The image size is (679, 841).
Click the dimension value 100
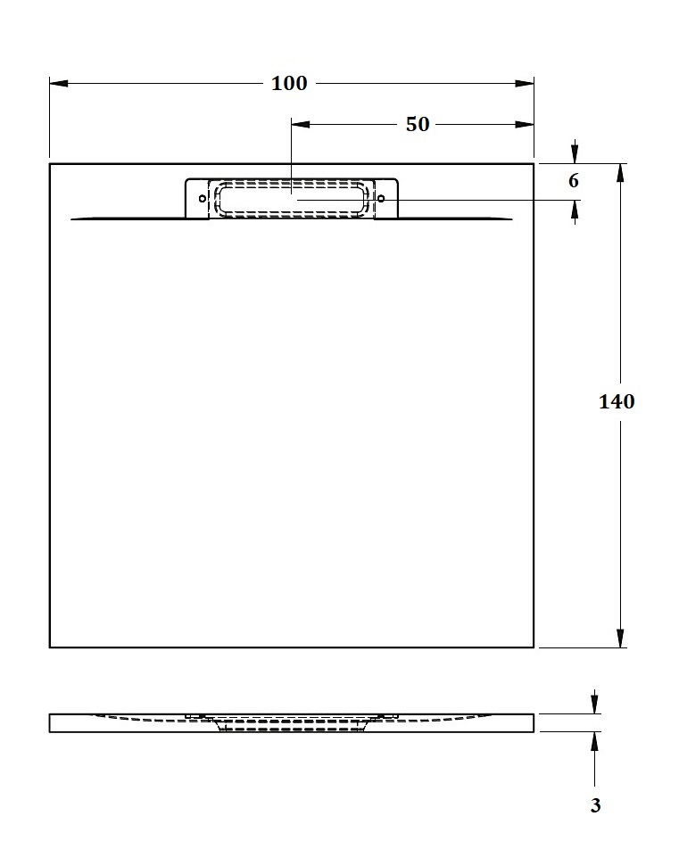(289, 84)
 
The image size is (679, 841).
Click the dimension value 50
(418, 125)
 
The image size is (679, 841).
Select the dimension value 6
(574, 181)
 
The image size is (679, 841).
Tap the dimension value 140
(617, 401)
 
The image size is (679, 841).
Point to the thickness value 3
(595, 805)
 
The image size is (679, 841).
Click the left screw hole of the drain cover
(203, 199)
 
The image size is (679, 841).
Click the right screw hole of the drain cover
(381, 199)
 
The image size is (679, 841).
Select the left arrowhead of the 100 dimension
(59, 84)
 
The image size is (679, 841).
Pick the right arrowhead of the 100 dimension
(525, 84)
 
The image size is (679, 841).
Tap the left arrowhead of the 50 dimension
(301, 125)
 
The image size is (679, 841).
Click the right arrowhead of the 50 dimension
(525, 125)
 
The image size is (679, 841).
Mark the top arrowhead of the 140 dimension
(620, 173)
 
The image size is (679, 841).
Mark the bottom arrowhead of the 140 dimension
(620, 638)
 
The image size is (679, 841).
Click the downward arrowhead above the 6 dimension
(575, 154)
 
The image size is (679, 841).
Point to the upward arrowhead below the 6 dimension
(575, 210)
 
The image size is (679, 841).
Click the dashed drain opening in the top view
(292, 199)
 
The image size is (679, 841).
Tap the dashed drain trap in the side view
(292, 725)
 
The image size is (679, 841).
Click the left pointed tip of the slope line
(72, 219)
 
